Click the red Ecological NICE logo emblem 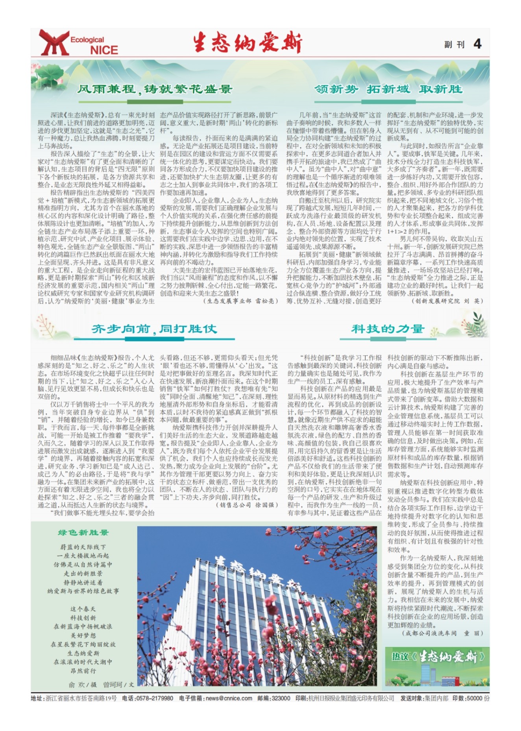pyautogui.click(x=54, y=42)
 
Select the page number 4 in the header pyautogui.click(x=477, y=44)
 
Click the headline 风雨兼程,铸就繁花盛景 pyautogui.click(x=154, y=89)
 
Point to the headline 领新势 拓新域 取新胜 pyautogui.click(x=388, y=89)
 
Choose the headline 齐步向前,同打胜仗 pyautogui.click(x=154, y=329)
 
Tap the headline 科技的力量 pyautogui.click(x=388, y=329)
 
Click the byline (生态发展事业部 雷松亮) pyautogui.click(x=241, y=301)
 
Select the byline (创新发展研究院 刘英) pyautogui.click(x=447, y=301)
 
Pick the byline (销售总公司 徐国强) pyautogui.click(x=247, y=505)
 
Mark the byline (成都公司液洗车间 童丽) pyautogui.click(x=442, y=633)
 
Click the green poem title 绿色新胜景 pyautogui.click(x=83, y=533)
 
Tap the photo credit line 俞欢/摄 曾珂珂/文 pyautogui.click(x=101, y=685)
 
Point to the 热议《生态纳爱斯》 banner pyautogui.click(x=437, y=657)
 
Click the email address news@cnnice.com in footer pyautogui.click(x=229, y=698)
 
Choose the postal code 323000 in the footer pyautogui.click(x=281, y=698)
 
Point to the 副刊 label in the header pyautogui.click(x=454, y=44)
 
